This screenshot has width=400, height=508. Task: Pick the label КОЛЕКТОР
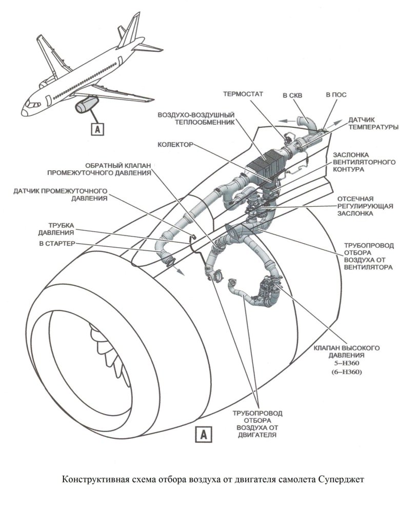pos(175,145)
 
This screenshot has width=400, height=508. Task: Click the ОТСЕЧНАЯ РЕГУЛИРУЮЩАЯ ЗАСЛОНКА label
pos(365,207)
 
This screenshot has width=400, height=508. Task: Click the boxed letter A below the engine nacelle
pos(203,435)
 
